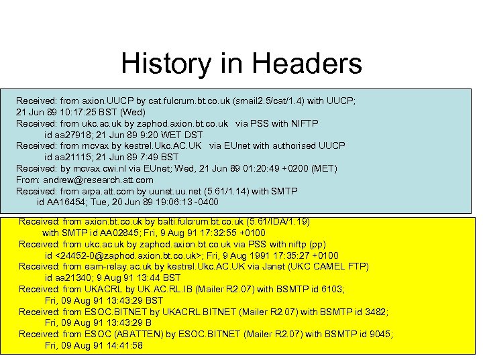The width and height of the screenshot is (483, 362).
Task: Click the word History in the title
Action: point(165,64)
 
